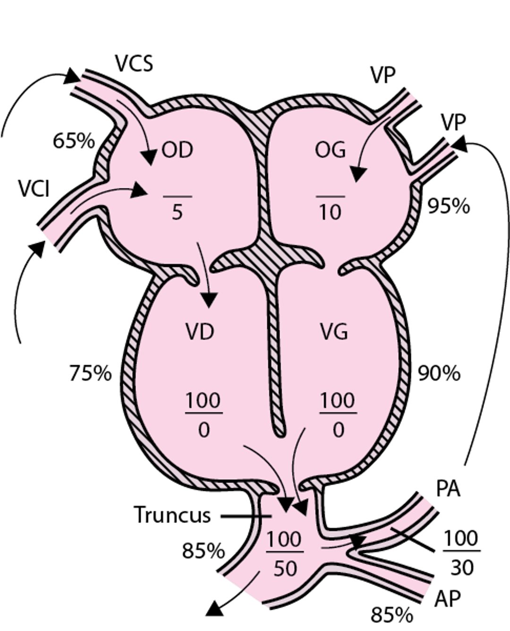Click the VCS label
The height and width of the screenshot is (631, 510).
coord(134,63)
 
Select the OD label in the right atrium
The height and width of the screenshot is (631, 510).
coord(177,150)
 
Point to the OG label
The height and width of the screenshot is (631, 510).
coord(330,150)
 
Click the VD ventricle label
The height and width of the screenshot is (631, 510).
coord(199,332)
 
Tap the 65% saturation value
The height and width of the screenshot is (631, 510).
coord(74,141)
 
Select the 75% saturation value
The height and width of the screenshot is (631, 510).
coord(90,373)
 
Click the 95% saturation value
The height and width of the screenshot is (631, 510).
coord(448,206)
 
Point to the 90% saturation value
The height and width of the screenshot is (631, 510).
coord(439,373)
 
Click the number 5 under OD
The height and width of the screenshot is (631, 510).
coord(177,213)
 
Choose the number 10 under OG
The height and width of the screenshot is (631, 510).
coord(330,213)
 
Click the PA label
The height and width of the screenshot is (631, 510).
coord(447,489)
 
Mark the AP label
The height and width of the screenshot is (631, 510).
coord(447,599)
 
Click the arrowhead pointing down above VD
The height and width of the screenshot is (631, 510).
coord(209,300)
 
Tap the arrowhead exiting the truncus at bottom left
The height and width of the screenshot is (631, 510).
coord(215,609)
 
